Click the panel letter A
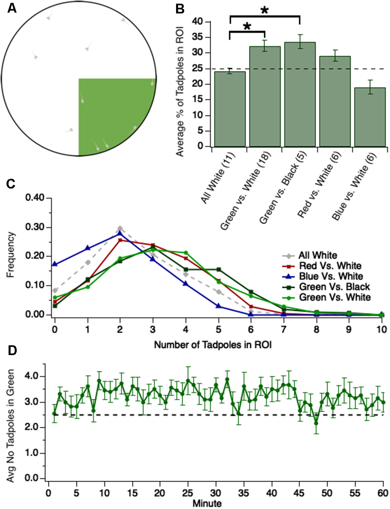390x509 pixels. coord(12,8)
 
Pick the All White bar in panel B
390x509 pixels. coord(230,109)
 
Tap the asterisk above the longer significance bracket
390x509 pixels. coord(264,10)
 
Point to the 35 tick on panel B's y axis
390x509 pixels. coord(198,37)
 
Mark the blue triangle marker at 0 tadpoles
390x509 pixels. coord(55,264)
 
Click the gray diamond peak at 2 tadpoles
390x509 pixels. coord(120,228)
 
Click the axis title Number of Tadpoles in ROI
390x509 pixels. coord(213,345)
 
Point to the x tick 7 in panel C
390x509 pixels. coord(284,328)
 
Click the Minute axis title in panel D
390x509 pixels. coord(207,503)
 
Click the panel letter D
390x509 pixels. coord(12,351)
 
